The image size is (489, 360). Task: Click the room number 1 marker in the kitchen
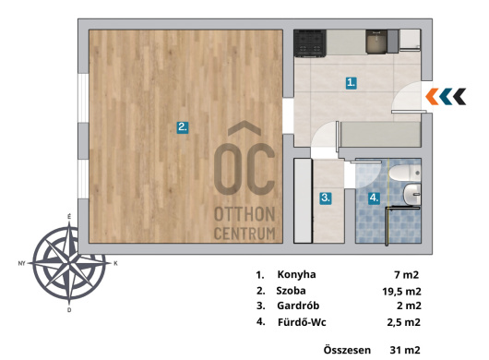click(x=352, y=83)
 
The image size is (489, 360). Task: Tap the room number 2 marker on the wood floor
click(x=183, y=127)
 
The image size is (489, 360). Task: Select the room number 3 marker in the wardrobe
click(x=326, y=198)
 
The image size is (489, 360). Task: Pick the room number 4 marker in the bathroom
click(x=374, y=198)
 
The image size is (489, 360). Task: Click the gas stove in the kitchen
click(x=310, y=43)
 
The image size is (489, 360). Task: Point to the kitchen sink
click(x=376, y=42)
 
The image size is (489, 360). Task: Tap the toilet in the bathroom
click(x=404, y=174)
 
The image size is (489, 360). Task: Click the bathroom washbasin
click(x=412, y=195)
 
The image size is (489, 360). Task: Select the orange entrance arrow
click(x=432, y=96)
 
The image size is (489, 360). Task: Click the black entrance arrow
click(x=460, y=96)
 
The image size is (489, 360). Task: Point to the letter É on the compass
click(x=69, y=217)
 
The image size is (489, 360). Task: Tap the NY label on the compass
click(x=21, y=264)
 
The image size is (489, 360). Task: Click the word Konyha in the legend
click(x=296, y=274)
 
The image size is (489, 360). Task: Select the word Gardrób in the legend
click(x=298, y=306)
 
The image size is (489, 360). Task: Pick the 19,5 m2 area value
click(x=401, y=292)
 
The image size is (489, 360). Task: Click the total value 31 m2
click(x=405, y=350)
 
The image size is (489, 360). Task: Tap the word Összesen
click(x=347, y=350)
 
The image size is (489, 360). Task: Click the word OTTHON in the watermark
click(x=244, y=215)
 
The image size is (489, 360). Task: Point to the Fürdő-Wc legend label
click(x=302, y=322)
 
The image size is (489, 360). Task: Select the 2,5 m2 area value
click(x=404, y=322)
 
